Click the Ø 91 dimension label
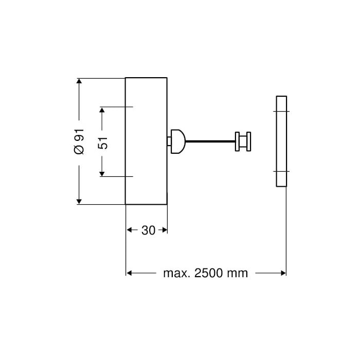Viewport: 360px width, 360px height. pos(79,141)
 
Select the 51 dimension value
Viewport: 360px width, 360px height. pos(103,143)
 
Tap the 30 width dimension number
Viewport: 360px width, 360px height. pos(148,230)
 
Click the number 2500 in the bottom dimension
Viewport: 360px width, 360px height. pos(209,273)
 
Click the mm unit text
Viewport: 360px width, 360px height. pos(238,274)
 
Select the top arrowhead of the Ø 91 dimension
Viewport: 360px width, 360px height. pos(79,81)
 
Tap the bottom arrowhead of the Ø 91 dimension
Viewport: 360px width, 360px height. pos(79,202)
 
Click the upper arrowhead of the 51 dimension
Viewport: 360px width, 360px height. pos(102,110)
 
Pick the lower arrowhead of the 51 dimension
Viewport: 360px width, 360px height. pos(102,174)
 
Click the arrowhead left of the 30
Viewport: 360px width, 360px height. pos(129,230)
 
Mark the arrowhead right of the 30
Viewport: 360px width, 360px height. pos(165,230)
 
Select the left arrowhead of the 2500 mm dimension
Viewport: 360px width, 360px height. pos(129,273)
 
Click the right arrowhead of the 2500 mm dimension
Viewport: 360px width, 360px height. pos(283,273)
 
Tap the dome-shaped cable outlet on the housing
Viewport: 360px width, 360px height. pos(178,141)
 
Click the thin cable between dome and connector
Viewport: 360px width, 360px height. pos(210,141)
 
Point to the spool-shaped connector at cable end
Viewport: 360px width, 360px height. pos(243,141)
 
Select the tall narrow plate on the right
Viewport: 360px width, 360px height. pos(281,141)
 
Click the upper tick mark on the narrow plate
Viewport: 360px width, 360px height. pos(281,112)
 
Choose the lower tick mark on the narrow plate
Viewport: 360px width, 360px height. pos(281,171)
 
